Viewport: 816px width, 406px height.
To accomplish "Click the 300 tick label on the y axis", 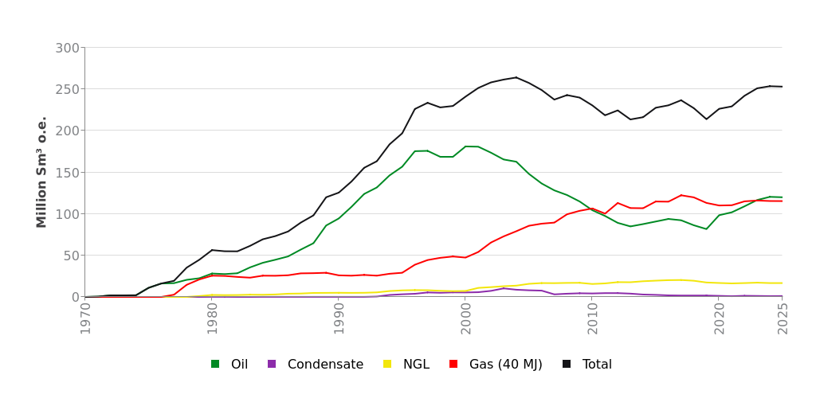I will coord(67,48).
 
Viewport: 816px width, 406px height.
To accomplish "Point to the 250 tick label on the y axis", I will coord(67,89).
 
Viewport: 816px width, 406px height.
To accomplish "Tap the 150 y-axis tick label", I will coord(67,173).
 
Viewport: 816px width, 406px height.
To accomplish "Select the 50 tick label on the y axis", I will coord(71,256).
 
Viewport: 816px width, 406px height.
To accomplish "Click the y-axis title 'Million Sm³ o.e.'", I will coord(42,172).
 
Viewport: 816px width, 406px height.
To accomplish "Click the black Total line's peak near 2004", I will coord(516,77).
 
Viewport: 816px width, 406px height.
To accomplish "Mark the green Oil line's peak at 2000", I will coord(466,146).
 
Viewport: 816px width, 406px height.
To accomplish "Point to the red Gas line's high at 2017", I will coord(681,195).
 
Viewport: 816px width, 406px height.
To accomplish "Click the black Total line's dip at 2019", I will coord(706,119).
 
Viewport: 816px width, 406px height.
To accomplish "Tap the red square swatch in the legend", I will coord(453,365).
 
